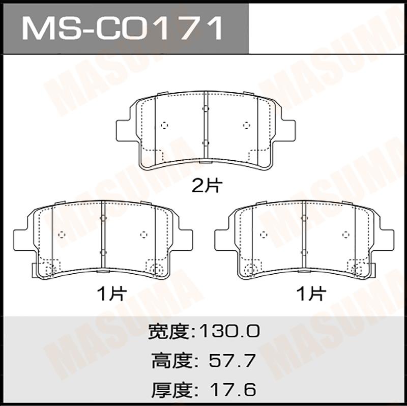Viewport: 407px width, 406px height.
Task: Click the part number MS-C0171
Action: click(x=122, y=28)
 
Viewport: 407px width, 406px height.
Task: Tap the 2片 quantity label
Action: click(x=207, y=186)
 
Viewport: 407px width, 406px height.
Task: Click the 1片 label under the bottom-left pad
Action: click(x=111, y=294)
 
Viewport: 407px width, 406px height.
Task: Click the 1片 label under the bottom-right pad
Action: click(x=311, y=294)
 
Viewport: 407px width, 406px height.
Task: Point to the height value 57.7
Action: click(x=232, y=361)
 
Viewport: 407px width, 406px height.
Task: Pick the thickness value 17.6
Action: click(x=232, y=389)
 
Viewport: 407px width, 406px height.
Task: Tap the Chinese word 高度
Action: click(x=171, y=361)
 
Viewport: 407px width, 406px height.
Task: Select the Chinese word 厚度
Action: click(x=171, y=389)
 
